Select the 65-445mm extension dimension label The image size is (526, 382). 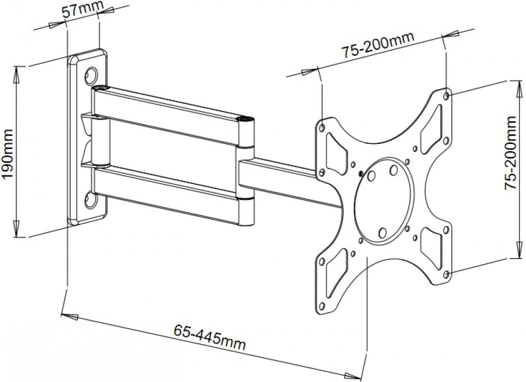(x=209, y=337)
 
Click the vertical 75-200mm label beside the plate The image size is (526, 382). (x=511, y=152)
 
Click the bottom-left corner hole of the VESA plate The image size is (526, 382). (x=322, y=306)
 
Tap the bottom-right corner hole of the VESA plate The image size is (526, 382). (x=446, y=274)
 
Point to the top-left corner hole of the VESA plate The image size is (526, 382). (x=322, y=128)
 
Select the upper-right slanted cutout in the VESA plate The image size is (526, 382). (x=431, y=129)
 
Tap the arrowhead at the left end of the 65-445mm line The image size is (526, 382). (x=69, y=316)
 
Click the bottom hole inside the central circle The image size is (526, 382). (x=383, y=232)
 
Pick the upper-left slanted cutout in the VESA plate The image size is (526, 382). (x=337, y=153)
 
